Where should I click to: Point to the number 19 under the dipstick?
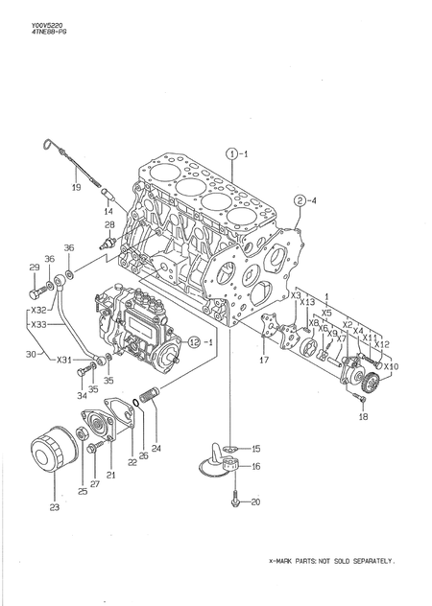coord(76,188)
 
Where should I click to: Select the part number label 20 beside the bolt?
coord(254,501)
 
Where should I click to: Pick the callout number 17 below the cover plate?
coord(264,360)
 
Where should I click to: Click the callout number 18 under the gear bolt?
coord(362,417)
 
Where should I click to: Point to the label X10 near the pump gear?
coord(395,366)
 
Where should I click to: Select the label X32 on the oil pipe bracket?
coord(37,311)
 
